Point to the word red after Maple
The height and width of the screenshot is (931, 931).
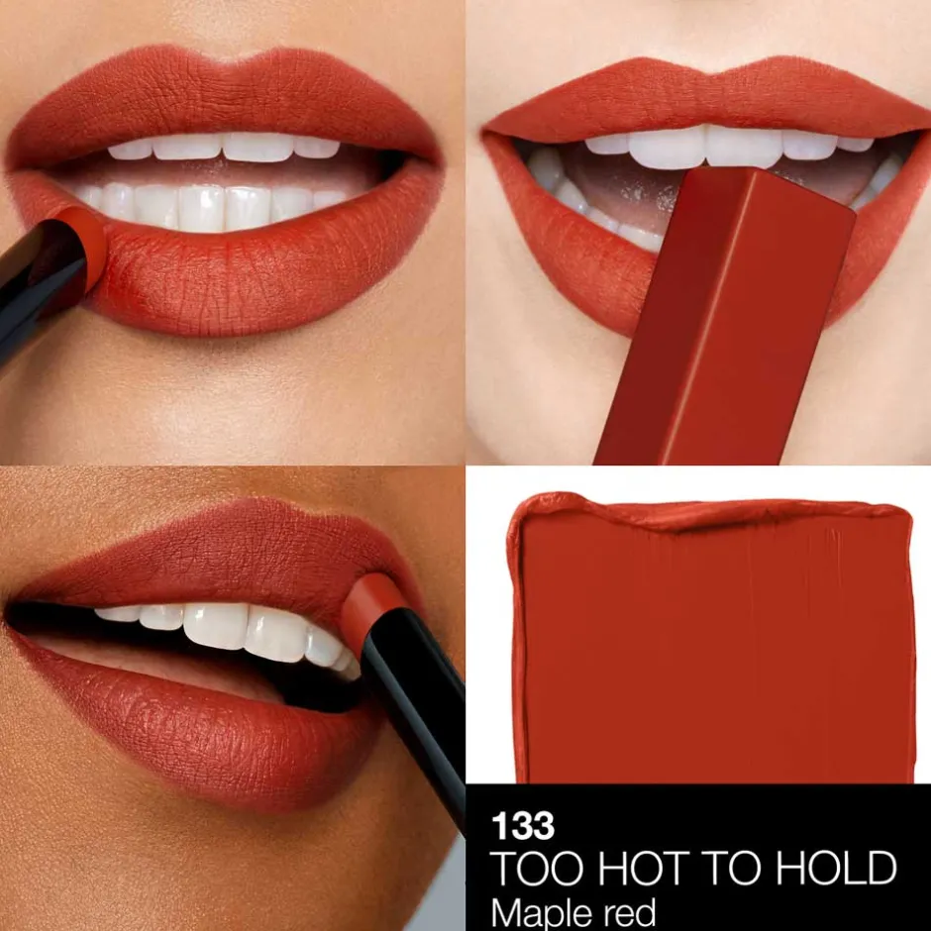point(631,911)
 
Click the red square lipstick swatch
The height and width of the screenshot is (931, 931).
point(713,644)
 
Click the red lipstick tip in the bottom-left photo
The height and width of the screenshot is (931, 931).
point(371,604)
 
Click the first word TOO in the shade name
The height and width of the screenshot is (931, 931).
point(530,869)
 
